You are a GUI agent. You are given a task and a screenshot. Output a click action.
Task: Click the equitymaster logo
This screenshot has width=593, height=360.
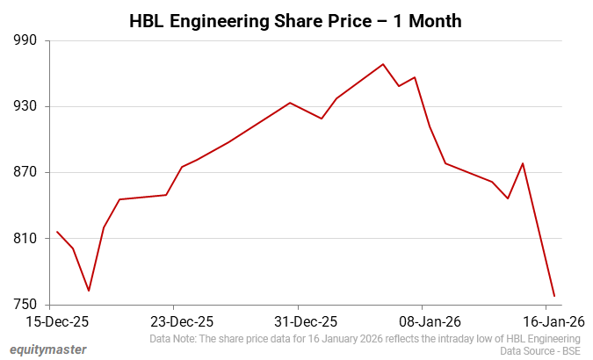coord(48,349)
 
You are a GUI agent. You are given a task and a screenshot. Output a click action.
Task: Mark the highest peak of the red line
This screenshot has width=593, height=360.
coord(383,64)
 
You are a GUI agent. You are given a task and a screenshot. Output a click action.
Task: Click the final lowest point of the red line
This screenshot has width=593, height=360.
coord(554,296)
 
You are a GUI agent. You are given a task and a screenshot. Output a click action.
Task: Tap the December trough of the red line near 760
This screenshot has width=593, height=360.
coord(89,291)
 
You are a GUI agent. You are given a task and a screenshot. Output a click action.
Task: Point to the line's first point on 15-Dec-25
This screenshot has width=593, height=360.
coord(57,232)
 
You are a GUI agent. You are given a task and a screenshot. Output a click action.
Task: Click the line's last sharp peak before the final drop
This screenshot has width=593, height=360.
coord(523,163)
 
